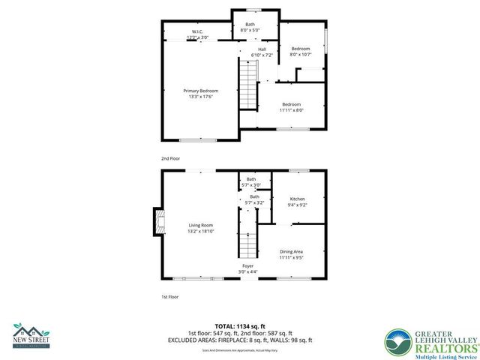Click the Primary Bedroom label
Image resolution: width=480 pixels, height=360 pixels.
[200, 91]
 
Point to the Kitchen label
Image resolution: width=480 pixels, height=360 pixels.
[297, 199]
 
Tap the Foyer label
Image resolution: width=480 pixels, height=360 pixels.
[247, 265]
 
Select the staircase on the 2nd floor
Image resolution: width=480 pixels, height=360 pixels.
[247, 84]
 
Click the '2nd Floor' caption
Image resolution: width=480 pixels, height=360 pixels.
[169, 159]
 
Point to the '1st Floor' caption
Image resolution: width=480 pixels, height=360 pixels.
[169, 297]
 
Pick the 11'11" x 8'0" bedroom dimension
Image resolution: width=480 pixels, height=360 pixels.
[291, 109]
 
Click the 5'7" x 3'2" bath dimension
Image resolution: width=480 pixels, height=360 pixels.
[254, 202]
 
